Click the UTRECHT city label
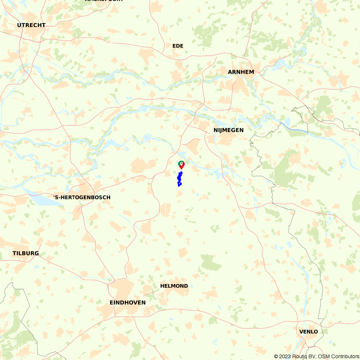click(x=31, y=25)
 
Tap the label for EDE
click(x=178, y=46)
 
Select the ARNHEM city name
click(x=241, y=72)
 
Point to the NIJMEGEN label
click(x=228, y=130)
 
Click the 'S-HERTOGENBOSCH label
click(x=82, y=197)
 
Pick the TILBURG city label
click(x=26, y=253)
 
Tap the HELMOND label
click(x=174, y=286)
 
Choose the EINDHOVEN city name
click(x=127, y=302)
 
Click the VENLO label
click(x=309, y=332)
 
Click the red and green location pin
click(x=181, y=165)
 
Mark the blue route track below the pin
click(x=179, y=179)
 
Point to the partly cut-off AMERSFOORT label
click(x=104, y=1)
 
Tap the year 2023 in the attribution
click(x=286, y=356)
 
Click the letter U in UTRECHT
click(x=19, y=25)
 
